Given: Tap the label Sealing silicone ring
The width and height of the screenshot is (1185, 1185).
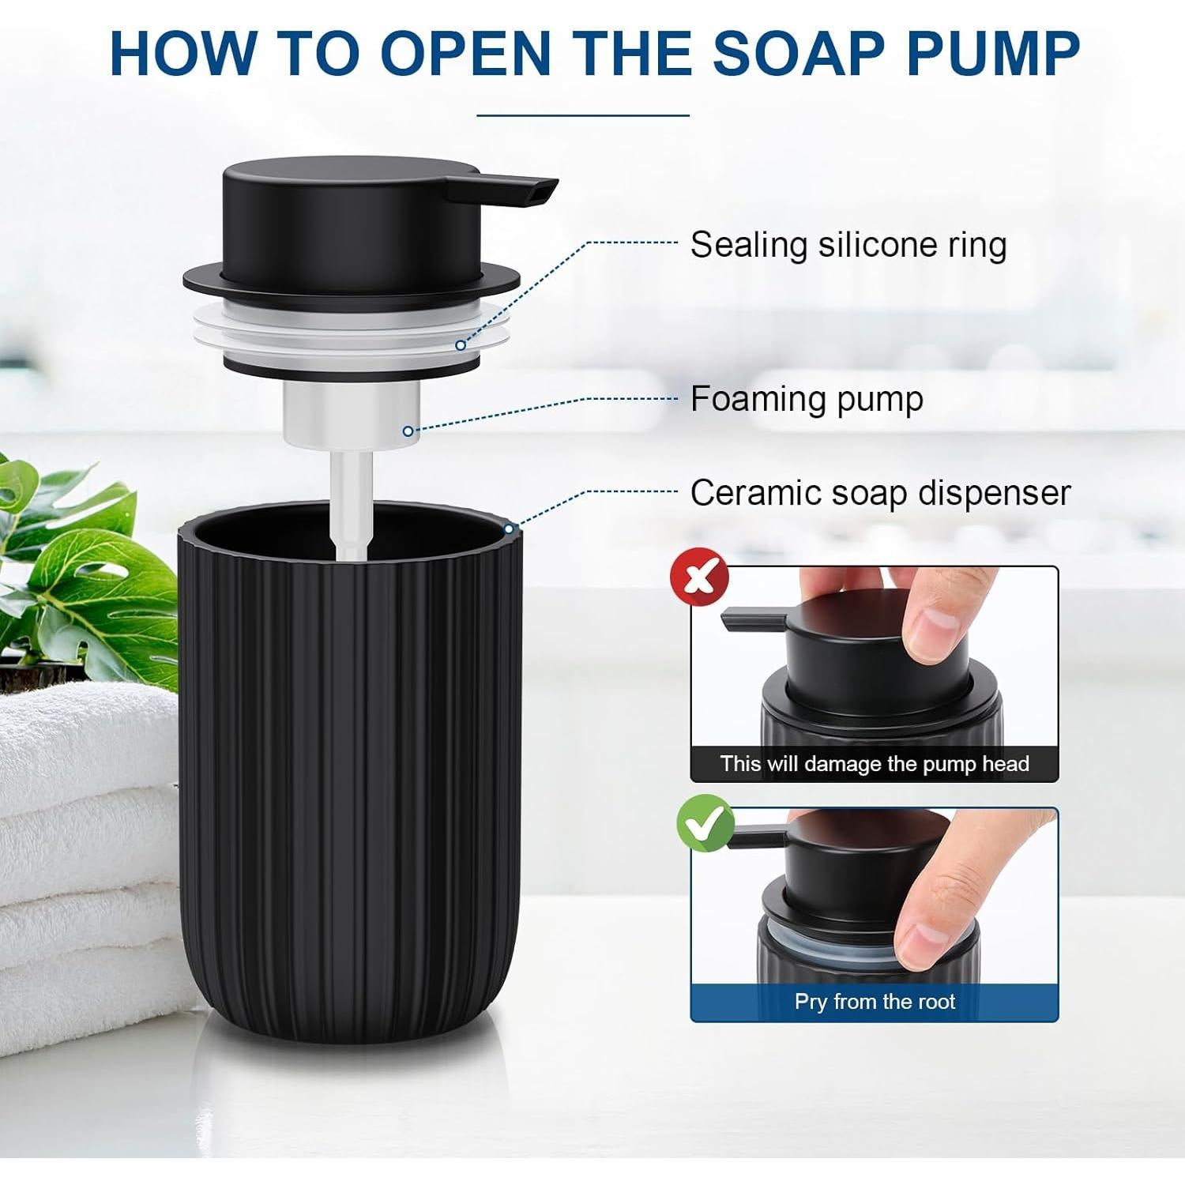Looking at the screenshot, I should [x=848, y=245].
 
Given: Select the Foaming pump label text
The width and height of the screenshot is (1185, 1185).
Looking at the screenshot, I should [x=806, y=399].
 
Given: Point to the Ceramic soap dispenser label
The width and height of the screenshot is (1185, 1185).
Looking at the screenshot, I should [x=880, y=493].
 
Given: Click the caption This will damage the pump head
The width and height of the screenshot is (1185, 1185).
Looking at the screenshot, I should [x=874, y=764].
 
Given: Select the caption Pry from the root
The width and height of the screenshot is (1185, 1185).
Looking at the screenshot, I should [x=874, y=1002].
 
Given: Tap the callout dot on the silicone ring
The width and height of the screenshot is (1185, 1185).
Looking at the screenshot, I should [x=460, y=345].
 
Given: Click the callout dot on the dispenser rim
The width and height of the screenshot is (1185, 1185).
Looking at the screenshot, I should [x=510, y=529].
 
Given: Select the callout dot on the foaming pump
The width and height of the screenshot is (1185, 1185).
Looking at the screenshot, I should [x=408, y=431].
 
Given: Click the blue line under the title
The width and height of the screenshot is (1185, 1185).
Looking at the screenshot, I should [x=583, y=115].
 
